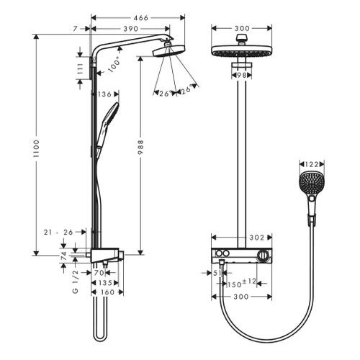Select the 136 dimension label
[105, 94]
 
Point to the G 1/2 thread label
[73, 282]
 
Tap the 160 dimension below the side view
[107, 292]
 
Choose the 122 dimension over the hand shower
[311, 165]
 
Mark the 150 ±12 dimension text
[240, 284]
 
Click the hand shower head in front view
[311, 187]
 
